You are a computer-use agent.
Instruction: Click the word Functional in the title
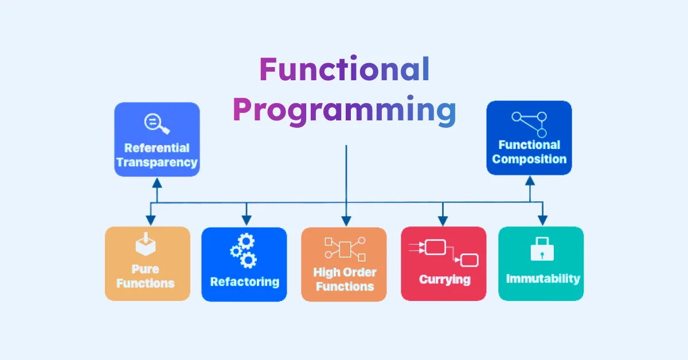click(x=345, y=71)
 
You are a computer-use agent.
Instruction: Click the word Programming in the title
click(x=345, y=110)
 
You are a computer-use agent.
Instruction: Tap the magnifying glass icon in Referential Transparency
click(x=157, y=123)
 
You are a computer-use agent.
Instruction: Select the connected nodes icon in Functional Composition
click(x=529, y=124)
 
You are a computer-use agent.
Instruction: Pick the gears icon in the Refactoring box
click(x=244, y=251)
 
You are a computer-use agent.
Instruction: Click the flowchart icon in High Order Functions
click(x=345, y=249)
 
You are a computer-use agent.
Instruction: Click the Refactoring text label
click(x=244, y=281)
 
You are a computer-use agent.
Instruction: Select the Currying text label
click(x=444, y=280)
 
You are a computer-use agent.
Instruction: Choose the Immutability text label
click(x=542, y=279)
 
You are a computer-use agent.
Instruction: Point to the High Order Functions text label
click(x=345, y=279)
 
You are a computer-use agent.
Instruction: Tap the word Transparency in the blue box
click(x=157, y=162)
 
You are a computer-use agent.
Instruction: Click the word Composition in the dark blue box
click(x=529, y=159)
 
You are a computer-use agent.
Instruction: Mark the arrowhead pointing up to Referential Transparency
click(x=157, y=183)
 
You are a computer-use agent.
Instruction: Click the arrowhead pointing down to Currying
click(x=443, y=220)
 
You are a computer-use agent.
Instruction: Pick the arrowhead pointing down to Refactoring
click(x=246, y=220)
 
